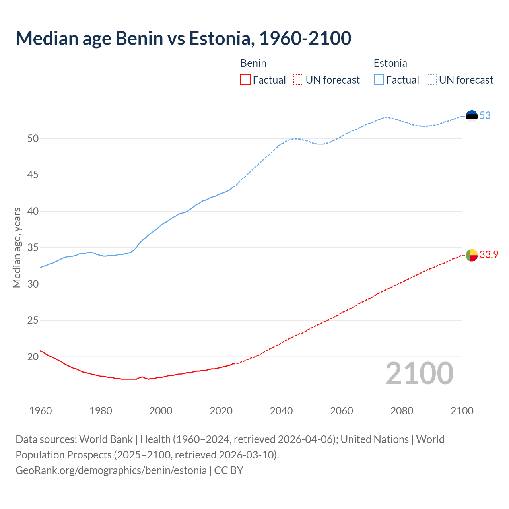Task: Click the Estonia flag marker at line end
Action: pyautogui.click(x=472, y=116)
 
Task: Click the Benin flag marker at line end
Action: pyautogui.click(x=472, y=255)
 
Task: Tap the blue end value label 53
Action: pyautogui.click(x=485, y=116)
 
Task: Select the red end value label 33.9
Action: pyautogui.click(x=489, y=255)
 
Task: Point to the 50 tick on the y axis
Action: pyautogui.click(x=33, y=139)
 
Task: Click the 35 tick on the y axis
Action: pyautogui.click(x=33, y=248)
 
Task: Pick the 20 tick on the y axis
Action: pyautogui.click(x=33, y=357)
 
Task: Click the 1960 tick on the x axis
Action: pyautogui.click(x=41, y=411)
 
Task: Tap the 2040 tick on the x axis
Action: pyautogui.click(x=281, y=411)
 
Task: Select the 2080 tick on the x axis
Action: pyautogui.click(x=402, y=411)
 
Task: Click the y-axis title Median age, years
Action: pyautogui.click(x=17, y=247)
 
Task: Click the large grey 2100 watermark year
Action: pyautogui.click(x=419, y=373)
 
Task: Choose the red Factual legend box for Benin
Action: pyautogui.click(x=245, y=80)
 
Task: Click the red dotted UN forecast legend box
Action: pyautogui.click(x=298, y=80)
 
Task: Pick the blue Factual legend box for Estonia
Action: pyautogui.click(x=379, y=80)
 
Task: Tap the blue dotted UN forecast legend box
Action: pyautogui.click(x=432, y=80)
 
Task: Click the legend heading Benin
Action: pyautogui.click(x=253, y=63)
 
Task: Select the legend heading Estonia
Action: pyautogui.click(x=390, y=63)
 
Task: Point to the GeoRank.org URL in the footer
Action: pyautogui.click(x=111, y=470)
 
